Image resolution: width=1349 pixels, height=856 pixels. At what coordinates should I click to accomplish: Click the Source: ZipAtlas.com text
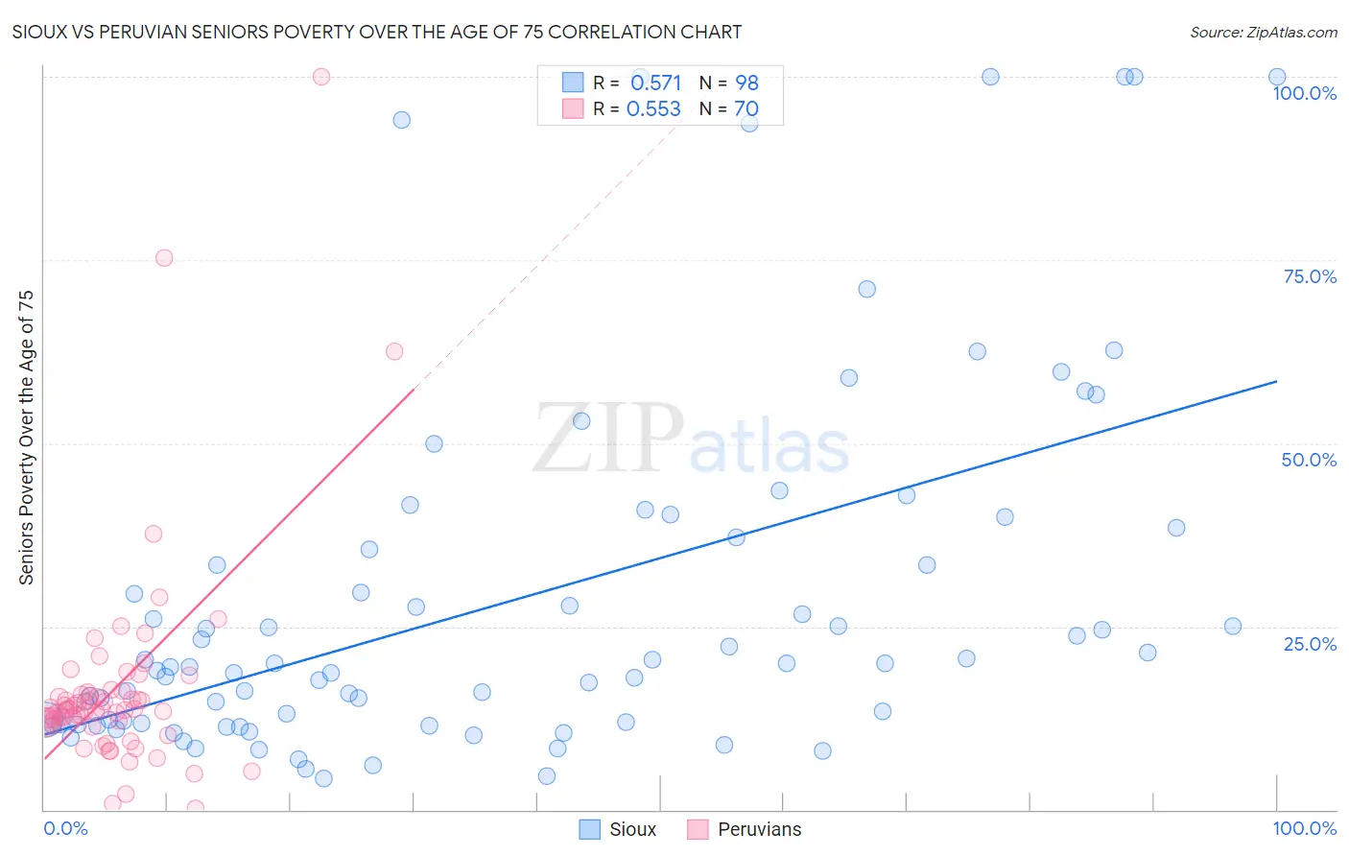[1263, 33]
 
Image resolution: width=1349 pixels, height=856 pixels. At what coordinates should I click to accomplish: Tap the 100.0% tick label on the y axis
[1304, 93]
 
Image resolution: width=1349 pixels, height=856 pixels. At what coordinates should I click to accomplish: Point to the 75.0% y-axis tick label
[1310, 276]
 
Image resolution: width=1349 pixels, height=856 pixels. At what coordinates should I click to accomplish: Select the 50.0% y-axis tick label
[1309, 460]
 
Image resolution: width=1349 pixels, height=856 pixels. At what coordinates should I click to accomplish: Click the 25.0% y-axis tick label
[1310, 644]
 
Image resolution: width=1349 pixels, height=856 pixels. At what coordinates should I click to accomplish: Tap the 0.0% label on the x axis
[65, 828]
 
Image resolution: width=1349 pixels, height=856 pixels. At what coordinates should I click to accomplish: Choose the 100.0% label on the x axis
[1304, 828]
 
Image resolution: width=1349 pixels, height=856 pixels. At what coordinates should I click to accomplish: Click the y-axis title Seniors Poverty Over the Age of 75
[27, 437]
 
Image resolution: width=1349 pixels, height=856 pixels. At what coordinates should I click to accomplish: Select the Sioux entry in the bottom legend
[632, 829]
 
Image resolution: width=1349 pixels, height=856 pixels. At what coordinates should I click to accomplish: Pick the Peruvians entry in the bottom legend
[759, 829]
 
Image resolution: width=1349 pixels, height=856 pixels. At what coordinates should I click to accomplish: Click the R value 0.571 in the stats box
[655, 83]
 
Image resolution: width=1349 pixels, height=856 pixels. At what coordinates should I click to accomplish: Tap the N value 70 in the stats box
[746, 109]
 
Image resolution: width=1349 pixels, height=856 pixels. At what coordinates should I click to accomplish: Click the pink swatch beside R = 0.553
[573, 108]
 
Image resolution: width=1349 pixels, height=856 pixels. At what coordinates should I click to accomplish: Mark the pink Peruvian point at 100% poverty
[321, 77]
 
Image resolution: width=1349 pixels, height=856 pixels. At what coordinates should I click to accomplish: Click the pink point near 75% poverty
[164, 258]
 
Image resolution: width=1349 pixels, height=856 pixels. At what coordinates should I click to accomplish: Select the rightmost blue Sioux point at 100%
[1277, 77]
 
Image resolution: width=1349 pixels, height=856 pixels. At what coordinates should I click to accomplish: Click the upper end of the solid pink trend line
[414, 389]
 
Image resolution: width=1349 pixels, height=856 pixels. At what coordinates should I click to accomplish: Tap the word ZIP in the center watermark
[608, 438]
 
